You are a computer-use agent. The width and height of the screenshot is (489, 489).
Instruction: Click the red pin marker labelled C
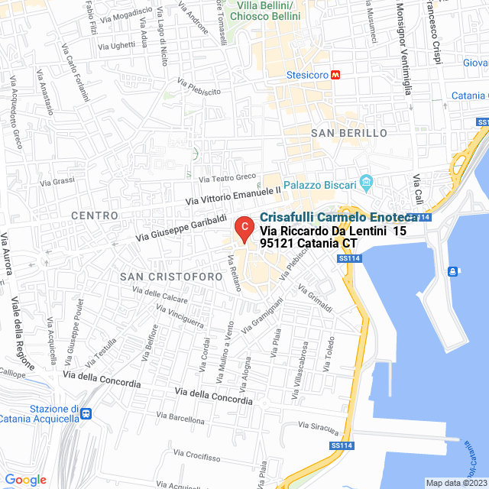click(243, 228)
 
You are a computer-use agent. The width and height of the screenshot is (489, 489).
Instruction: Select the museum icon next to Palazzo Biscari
click(367, 183)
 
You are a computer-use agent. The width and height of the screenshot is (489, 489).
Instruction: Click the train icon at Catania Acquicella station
click(86, 413)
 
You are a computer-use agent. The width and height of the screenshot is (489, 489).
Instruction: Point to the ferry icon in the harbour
click(453, 270)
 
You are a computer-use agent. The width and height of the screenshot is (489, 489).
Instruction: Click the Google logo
click(25, 479)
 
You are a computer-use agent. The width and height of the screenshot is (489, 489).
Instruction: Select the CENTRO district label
click(95, 216)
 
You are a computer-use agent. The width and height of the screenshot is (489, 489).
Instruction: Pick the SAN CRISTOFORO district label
click(169, 274)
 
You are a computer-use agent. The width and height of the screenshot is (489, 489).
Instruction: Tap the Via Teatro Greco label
click(227, 178)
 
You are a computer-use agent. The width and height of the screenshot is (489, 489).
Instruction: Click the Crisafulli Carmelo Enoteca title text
click(339, 218)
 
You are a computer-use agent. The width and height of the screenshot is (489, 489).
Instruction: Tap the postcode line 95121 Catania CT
click(309, 243)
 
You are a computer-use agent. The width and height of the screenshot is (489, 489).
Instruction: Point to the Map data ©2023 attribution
click(455, 483)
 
